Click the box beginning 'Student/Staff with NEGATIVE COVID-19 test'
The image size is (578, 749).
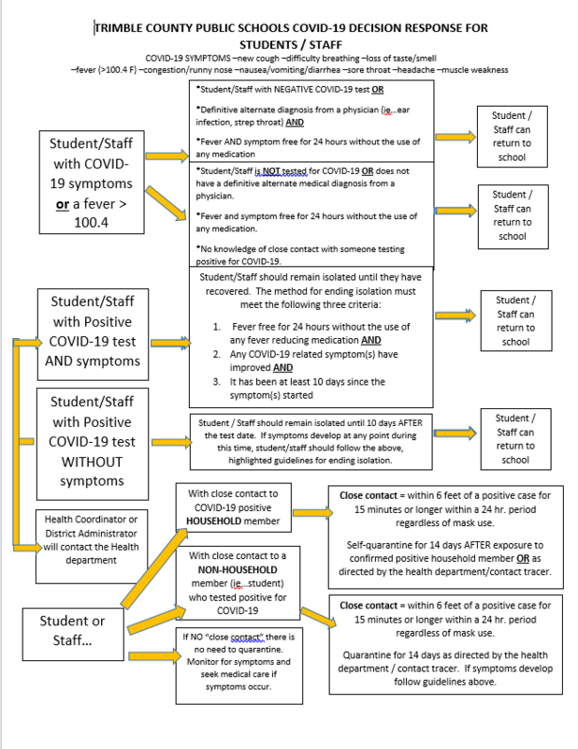tap(311, 120)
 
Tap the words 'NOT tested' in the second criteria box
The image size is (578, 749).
tap(276, 171)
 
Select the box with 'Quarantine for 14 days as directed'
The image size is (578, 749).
tap(445, 643)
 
